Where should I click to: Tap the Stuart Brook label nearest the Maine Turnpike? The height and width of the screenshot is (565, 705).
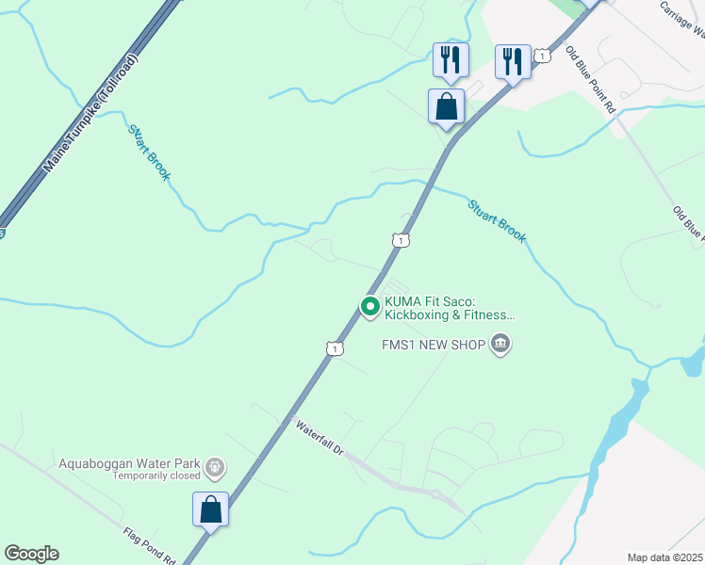tap(150, 152)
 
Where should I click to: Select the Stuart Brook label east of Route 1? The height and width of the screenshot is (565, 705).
tap(497, 220)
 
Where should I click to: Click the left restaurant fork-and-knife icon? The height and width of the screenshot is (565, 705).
tap(449, 60)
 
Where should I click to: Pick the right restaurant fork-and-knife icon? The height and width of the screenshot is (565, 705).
tap(513, 62)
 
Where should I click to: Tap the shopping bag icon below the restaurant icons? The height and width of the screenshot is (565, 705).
tap(446, 106)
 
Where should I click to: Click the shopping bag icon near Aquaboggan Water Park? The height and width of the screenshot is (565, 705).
tap(211, 509)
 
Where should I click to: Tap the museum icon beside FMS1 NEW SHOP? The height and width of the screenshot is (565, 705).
tap(500, 345)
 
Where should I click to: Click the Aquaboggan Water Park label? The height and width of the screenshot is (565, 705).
tap(129, 463)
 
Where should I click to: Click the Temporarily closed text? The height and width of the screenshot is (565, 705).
tap(156, 476)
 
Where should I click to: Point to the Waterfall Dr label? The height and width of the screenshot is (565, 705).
tap(321, 439)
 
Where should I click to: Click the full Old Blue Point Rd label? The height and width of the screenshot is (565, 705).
tap(591, 81)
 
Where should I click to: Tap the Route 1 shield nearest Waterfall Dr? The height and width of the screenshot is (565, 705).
tap(334, 349)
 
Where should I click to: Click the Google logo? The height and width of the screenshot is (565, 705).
tap(31, 554)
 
